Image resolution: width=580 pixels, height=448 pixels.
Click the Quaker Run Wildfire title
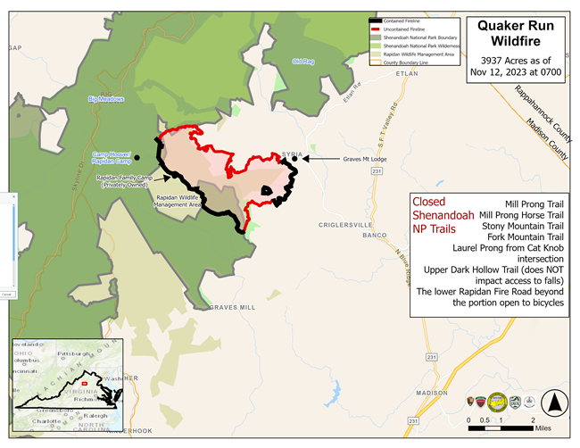coord(517,33)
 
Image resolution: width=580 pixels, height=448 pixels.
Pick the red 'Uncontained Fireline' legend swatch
coord(377,30)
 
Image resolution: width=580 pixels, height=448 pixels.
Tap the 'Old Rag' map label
coord(303,61)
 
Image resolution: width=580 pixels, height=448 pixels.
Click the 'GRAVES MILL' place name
coord(233,307)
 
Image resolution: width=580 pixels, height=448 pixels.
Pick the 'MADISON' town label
coord(431,392)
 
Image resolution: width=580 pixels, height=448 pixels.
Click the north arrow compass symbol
coord(556,403)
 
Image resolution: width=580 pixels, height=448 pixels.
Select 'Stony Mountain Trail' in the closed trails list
coord(521,227)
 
